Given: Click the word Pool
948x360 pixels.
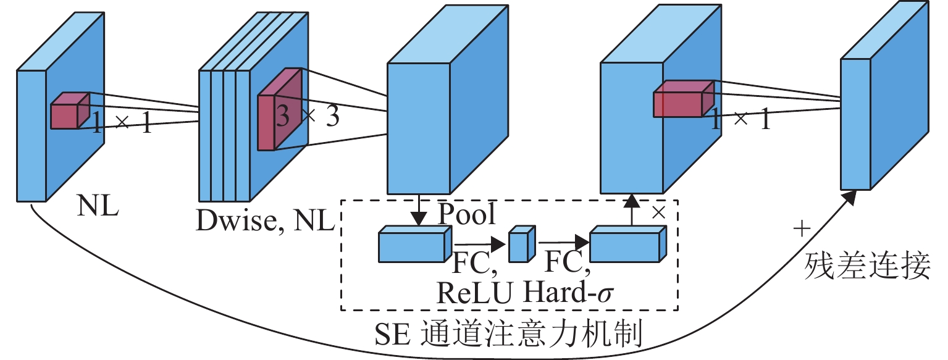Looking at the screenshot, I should point(466,214).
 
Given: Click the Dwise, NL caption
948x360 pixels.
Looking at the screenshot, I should point(265,220).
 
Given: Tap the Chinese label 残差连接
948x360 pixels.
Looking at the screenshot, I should point(868,267).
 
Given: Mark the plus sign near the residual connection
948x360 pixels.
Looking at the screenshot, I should point(801,230).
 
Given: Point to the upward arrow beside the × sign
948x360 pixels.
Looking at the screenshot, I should point(631,210).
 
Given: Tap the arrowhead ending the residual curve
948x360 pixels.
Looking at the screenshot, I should point(850,197).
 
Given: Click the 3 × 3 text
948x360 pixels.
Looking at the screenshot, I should point(308,117).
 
